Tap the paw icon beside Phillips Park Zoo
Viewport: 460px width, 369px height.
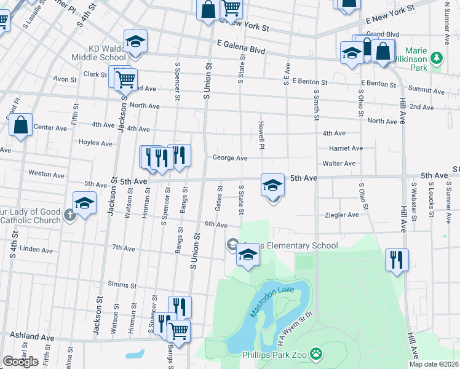click(x=315, y=354)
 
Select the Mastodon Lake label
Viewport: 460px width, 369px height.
click(x=272, y=300)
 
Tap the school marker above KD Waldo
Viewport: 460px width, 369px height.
click(x=135, y=42)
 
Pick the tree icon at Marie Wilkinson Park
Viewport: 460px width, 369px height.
click(x=437, y=58)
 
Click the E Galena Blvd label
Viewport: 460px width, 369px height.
click(x=240, y=46)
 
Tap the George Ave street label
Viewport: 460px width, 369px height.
click(x=230, y=158)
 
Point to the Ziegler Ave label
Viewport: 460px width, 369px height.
click(x=341, y=215)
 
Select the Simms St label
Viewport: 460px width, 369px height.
click(x=122, y=285)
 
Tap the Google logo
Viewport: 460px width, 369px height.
click(x=20, y=362)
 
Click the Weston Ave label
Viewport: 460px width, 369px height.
click(x=46, y=175)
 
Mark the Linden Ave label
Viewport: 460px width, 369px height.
click(x=36, y=250)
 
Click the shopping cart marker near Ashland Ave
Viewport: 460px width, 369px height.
click(x=178, y=330)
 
